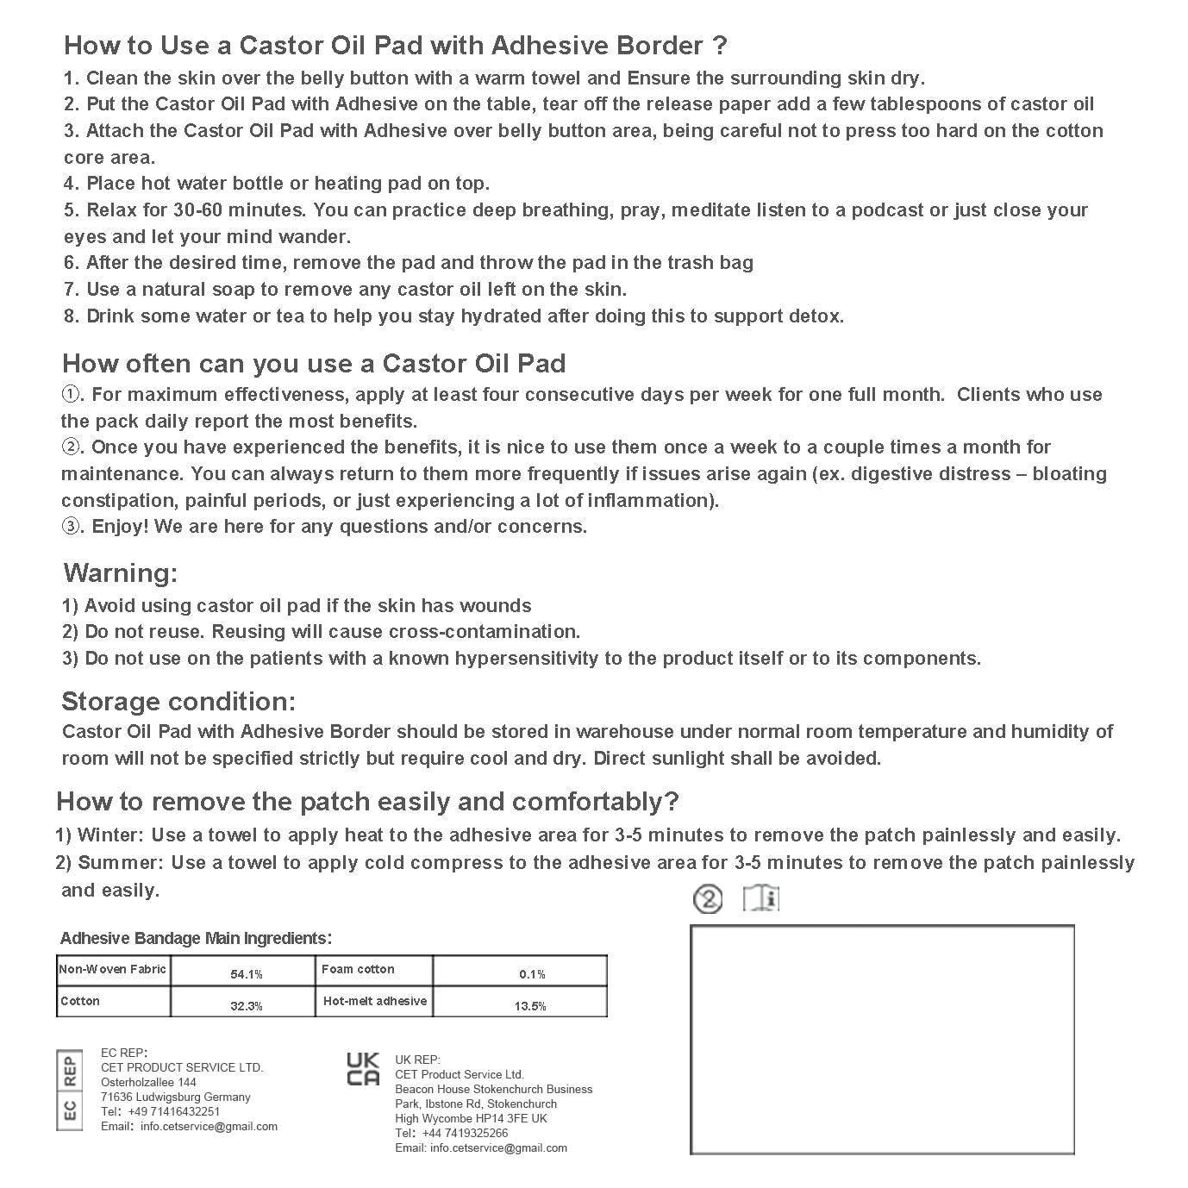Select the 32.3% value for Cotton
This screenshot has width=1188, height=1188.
[x=246, y=1005]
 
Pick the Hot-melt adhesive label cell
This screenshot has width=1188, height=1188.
[x=374, y=1001]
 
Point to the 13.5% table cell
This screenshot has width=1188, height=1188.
[x=529, y=1005]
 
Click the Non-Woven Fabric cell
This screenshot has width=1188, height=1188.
[x=112, y=970]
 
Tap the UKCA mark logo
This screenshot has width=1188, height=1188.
[x=363, y=1069]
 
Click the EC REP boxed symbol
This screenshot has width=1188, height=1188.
[x=70, y=1091]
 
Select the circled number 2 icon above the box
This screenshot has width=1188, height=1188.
[x=708, y=900]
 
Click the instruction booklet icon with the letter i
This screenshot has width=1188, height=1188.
[x=761, y=899]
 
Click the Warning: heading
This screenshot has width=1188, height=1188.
[x=121, y=573]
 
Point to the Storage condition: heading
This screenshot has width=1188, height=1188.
[x=178, y=701]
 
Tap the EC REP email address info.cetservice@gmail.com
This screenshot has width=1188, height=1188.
[x=209, y=1126]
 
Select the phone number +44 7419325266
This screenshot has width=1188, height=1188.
[x=465, y=1133]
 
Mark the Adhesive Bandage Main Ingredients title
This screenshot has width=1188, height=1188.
[x=196, y=938]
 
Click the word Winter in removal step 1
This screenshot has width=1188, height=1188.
[x=111, y=835]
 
